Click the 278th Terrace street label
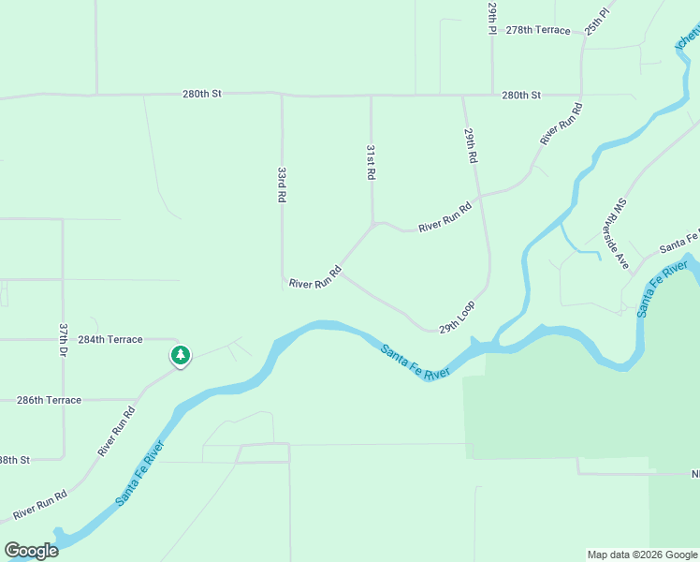(537, 30)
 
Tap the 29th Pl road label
(491, 18)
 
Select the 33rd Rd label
(281, 185)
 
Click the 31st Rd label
(371, 162)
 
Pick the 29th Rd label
(470, 148)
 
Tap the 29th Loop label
(458, 317)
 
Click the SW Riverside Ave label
(619, 234)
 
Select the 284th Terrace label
(110, 339)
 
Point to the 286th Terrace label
(49, 400)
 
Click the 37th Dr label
(64, 340)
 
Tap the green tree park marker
(180, 356)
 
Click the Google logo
(31, 551)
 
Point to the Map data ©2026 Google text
(641, 555)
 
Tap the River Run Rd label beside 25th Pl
(561, 123)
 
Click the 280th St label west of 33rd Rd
(201, 94)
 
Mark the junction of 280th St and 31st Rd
(372, 96)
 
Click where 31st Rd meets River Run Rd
(373, 224)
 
